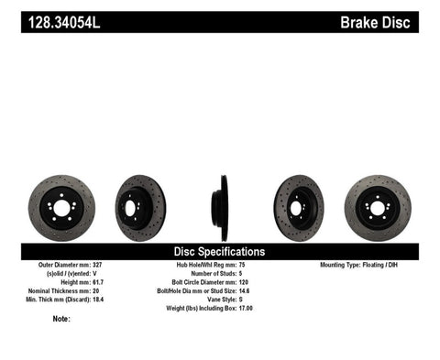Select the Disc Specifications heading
219,251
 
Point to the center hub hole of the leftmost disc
60,208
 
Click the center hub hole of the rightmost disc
378,208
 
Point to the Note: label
61,319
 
